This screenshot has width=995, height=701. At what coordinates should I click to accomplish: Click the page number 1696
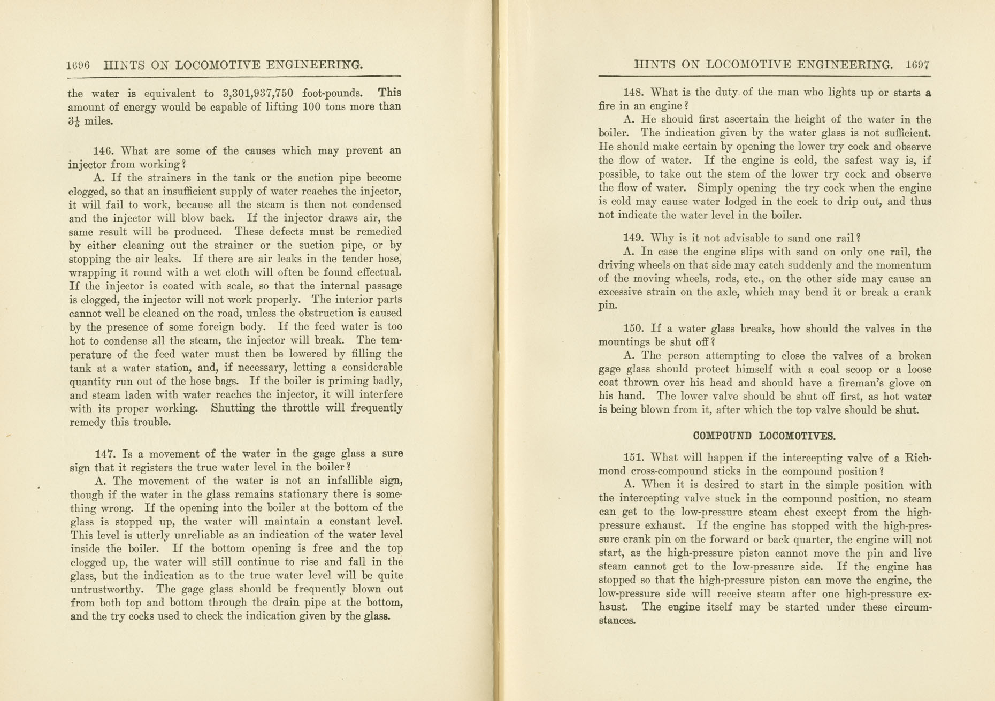[78, 65]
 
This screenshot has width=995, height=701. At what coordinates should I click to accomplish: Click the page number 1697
[918, 65]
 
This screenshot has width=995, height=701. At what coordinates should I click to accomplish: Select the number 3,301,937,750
[258, 93]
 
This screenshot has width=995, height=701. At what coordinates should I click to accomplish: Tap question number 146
[103, 151]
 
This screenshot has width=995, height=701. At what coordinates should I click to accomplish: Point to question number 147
[105, 454]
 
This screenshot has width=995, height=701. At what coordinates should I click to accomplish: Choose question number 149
[633, 238]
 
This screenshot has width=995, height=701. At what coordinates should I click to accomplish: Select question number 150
[633, 329]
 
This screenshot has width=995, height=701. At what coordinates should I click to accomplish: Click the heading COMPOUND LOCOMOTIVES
[764, 436]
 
